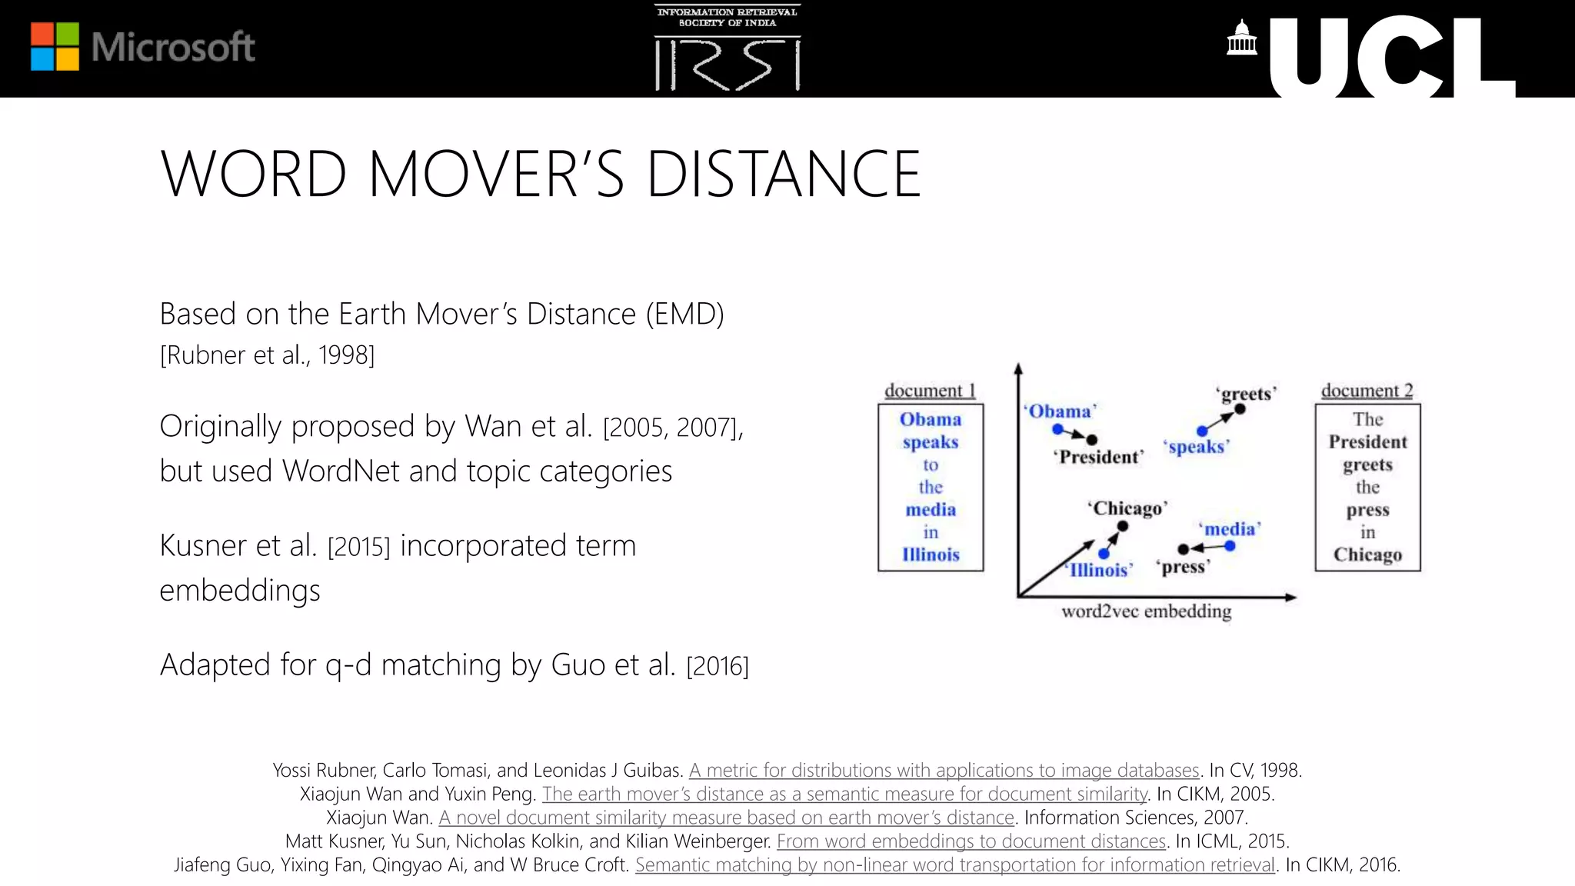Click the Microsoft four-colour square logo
click(55, 46)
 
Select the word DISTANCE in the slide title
click(783, 175)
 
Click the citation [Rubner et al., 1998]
click(267, 355)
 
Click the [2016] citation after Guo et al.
click(717, 666)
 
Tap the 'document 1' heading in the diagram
click(930, 391)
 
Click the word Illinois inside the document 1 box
click(931, 555)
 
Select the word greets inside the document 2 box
click(1367, 465)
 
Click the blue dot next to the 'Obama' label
click(1057, 429)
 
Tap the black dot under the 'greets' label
click(1240, 409)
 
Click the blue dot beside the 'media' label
click(1230, 546)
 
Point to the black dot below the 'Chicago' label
click(1123, 526)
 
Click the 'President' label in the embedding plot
click(1098, 457)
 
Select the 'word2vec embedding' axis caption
click(1146, 611)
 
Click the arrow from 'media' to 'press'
click(1207, 548)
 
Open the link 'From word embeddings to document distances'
click(971, 841)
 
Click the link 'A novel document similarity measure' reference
click(726, 818)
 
